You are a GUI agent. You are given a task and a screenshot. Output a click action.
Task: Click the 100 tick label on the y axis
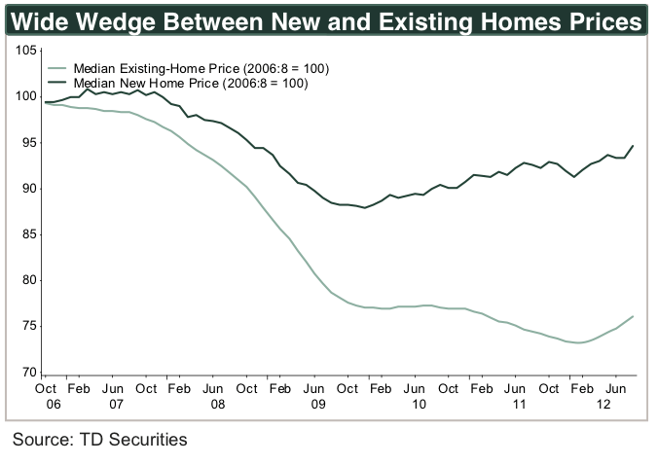coord(24,97)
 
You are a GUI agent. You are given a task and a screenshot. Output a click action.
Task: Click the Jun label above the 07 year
coord(114,389)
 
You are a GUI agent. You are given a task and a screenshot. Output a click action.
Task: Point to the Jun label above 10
coord(416,389)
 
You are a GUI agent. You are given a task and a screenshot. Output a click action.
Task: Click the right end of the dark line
coord(634,146)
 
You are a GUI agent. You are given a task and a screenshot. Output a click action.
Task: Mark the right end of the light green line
coord(634,316)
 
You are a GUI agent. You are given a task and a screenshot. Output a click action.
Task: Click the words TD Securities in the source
coord(134,440)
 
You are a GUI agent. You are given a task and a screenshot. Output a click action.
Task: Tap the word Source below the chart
coord(43,440)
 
